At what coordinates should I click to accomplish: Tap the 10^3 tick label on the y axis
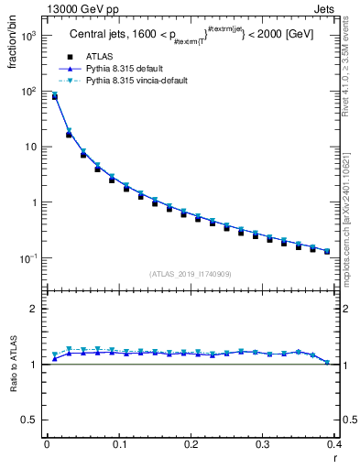point(27,36)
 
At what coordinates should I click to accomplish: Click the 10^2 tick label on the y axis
point(27,92)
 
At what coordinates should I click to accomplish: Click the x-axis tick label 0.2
point(191,444)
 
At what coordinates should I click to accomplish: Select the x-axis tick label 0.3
point(263,444)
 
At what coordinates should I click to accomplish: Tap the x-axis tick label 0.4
point(333,444)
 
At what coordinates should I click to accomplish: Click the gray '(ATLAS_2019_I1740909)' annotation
point(190,274)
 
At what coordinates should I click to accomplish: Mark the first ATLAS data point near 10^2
point(54,96)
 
